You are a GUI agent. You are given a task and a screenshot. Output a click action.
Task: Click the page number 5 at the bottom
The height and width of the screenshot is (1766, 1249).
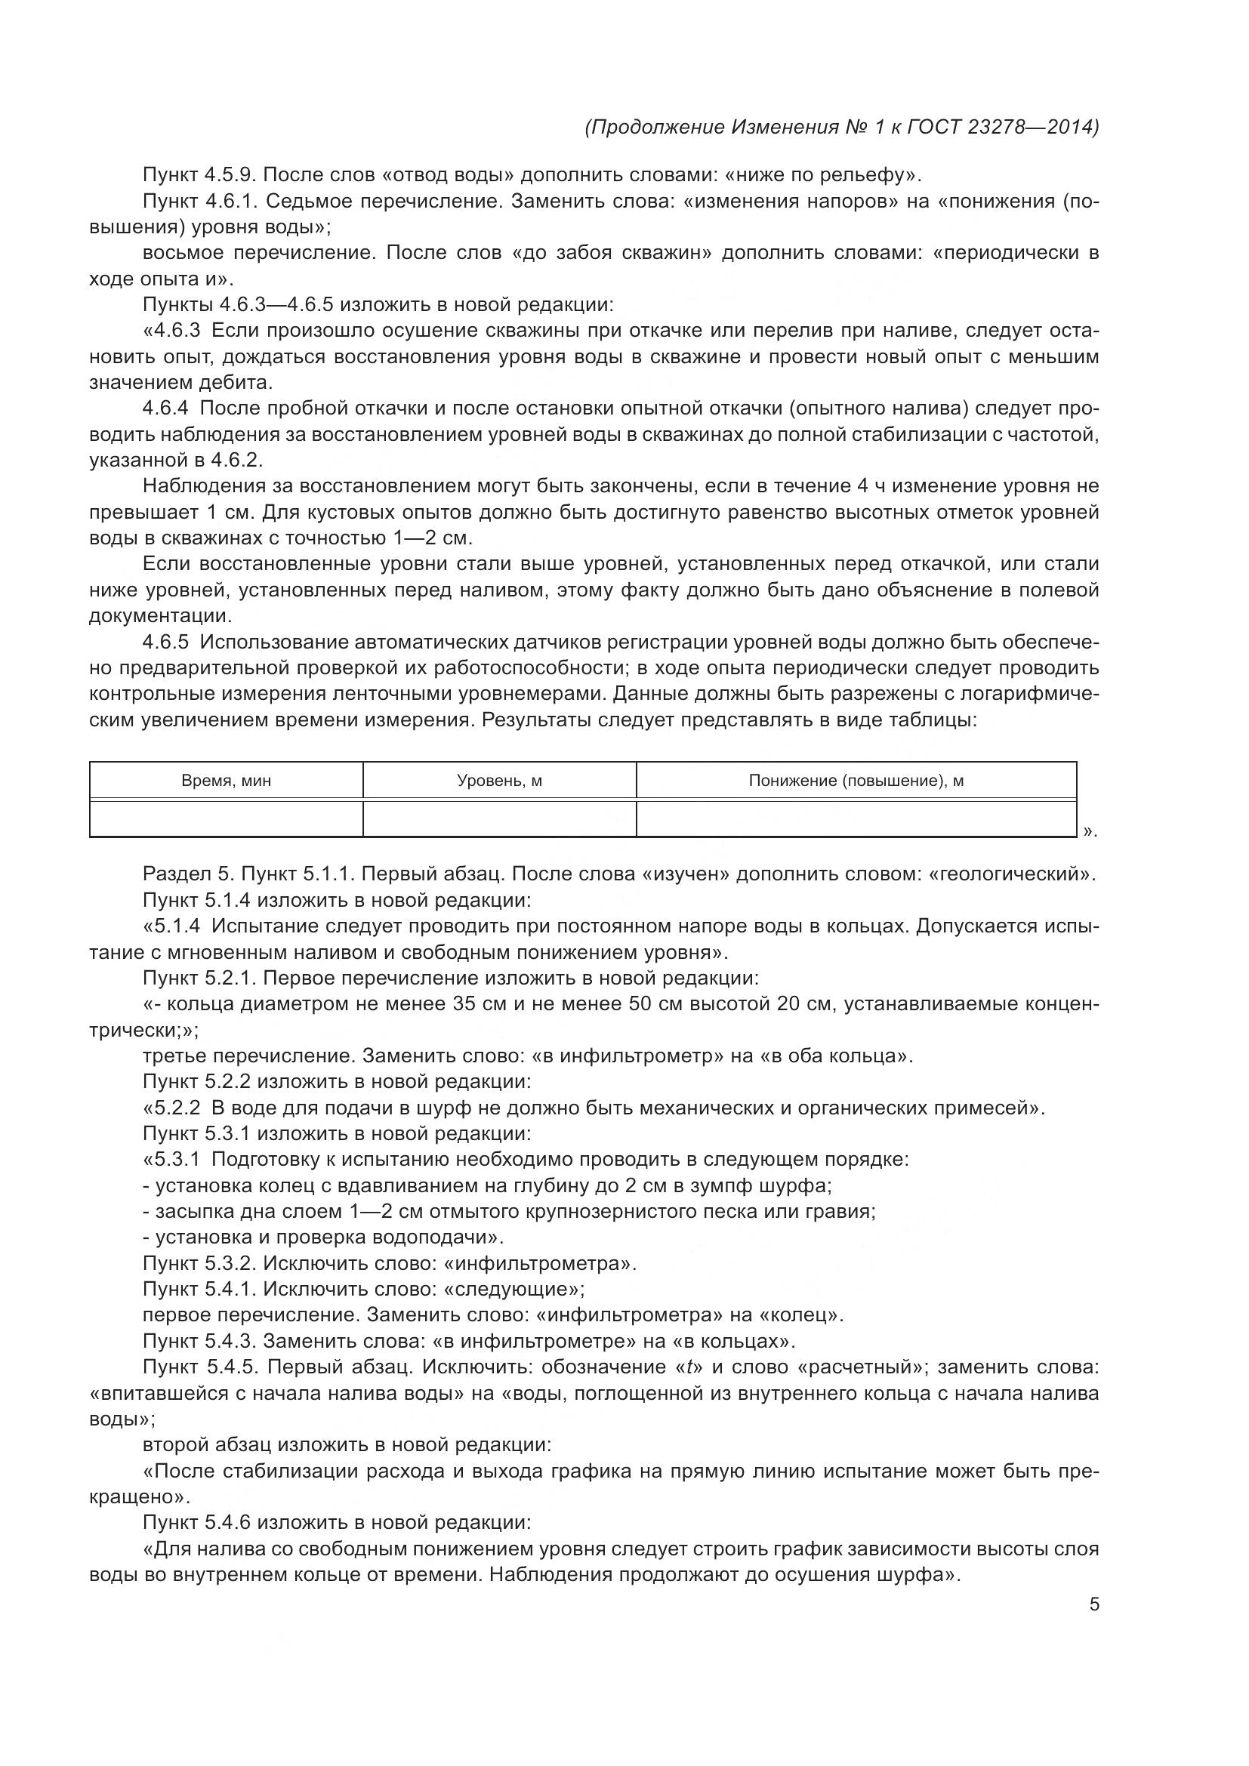[x=1093, y=1604]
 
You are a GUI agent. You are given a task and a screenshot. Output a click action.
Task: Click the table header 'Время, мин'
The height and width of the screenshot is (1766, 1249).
[x=226, y=781]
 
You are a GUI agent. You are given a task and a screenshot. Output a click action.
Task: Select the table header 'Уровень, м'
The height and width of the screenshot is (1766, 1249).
[x=499, y=781]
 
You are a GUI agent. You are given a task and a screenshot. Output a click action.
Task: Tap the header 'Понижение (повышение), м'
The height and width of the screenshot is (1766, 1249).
[x=856, y=781]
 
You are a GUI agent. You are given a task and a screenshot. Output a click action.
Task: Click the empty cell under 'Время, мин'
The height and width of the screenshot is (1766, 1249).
[x=226, y=818]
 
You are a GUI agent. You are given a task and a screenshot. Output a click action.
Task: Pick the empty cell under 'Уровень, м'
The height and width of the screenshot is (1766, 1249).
[x=499, y=818]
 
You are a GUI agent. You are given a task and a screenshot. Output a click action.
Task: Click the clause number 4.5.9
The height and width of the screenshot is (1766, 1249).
[x=233, y=175]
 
